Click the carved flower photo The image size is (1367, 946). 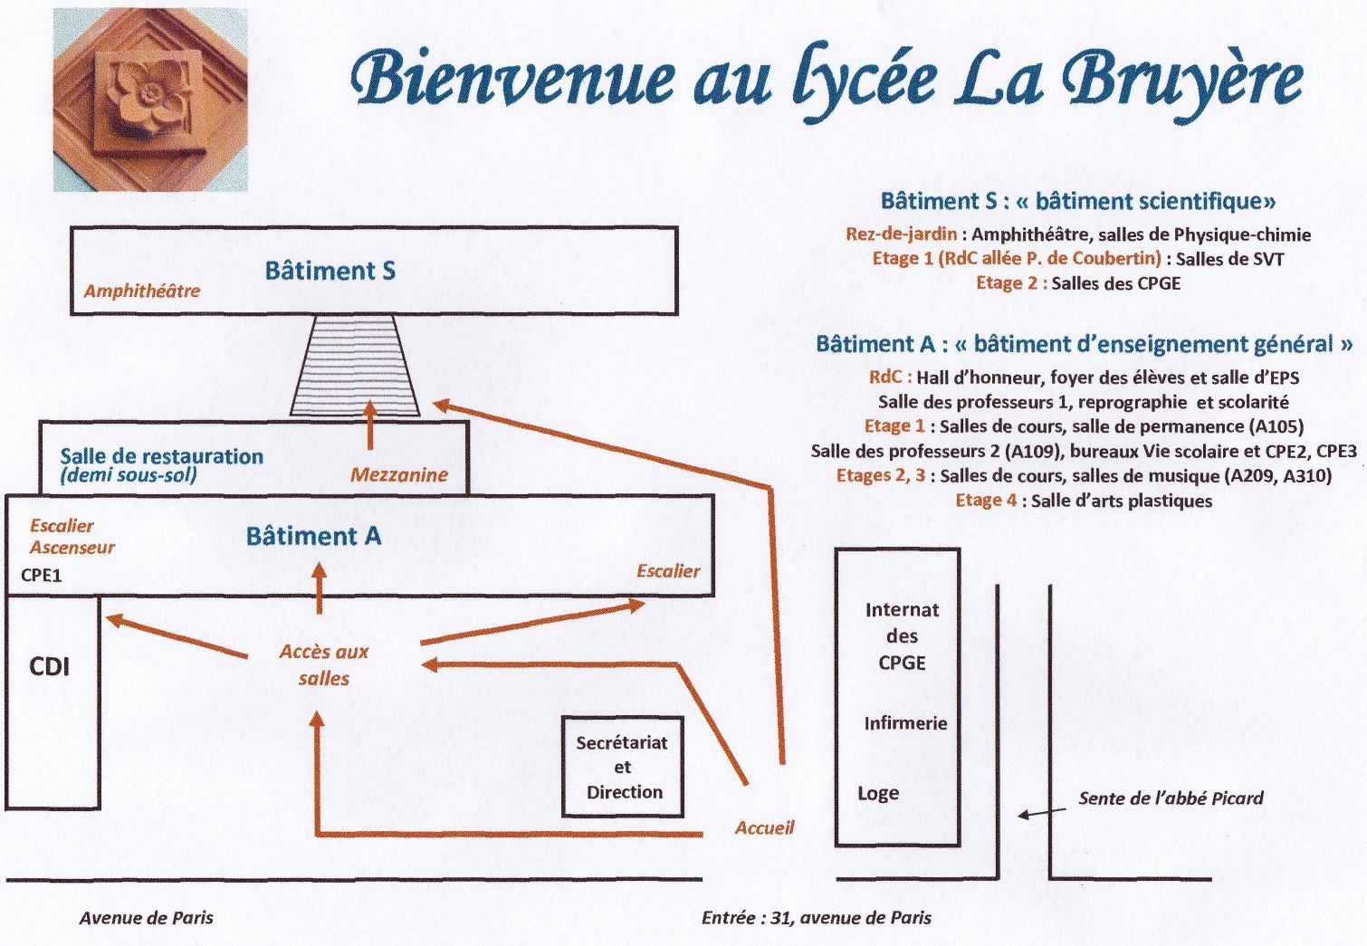coord(151,100)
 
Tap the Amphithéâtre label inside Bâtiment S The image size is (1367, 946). coord(142,291)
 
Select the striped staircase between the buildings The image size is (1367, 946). coord(355,365)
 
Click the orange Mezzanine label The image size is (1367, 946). coord(399,474)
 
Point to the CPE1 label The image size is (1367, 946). coord(41,576)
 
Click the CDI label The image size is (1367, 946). coord(50,666)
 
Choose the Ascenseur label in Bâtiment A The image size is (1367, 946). coord(72,547)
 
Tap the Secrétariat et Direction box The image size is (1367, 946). coord(622,767)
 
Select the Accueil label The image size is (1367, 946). coord(765,827)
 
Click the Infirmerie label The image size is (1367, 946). coord(905,723)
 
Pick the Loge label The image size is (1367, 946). coord(878,793)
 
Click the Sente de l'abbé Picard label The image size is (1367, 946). coord(1171,798)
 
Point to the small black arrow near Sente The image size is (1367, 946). coord(1042,813)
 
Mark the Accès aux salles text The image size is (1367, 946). coord(324,665)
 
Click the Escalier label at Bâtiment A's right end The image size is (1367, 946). coord(668,570)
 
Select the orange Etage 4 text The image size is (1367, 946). coord(986,501)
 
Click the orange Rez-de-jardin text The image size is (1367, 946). coord(902,234)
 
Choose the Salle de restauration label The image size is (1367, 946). coord(162,456)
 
